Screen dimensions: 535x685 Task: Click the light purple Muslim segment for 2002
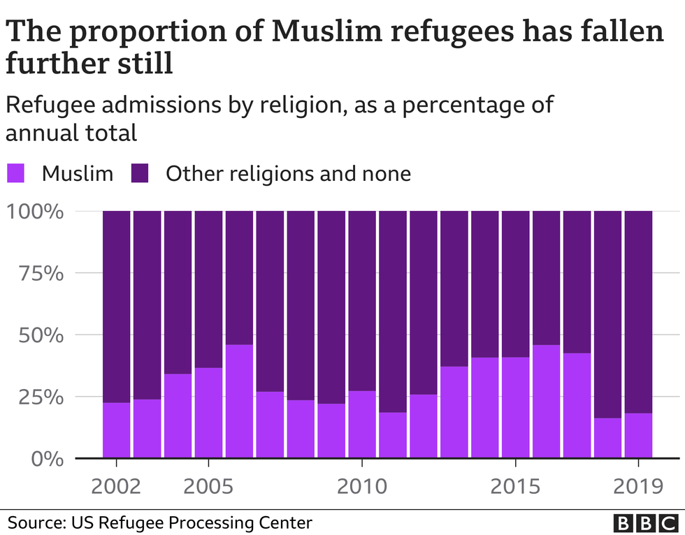pos(116,430)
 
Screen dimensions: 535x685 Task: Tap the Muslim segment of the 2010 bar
pos(362,425)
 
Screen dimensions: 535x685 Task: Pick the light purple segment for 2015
pos(516,408)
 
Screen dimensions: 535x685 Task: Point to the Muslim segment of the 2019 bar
pos(638,436)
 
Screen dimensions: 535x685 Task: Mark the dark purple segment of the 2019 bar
pos(638,312)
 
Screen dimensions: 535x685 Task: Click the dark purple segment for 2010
pos(362,300)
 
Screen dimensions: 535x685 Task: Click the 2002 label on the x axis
pos(116,486)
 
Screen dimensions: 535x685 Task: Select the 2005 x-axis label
pos(208,486)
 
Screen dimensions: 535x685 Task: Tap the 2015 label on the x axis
pos(516,486)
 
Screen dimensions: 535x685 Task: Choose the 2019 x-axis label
pos(638,486)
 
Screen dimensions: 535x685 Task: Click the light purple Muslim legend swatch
pos(16,173)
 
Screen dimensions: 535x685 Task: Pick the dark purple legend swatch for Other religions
pos(140,173)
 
